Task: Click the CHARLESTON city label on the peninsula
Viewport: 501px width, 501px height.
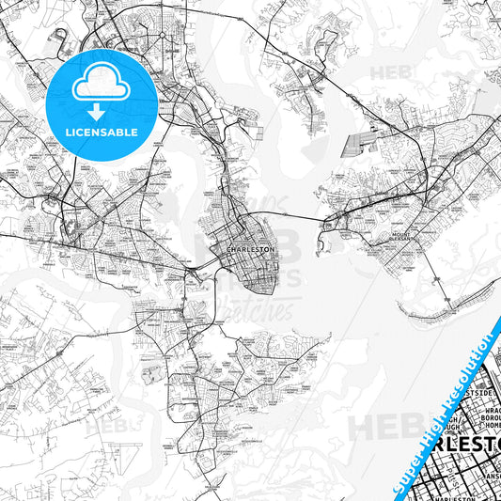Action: pos(251,249)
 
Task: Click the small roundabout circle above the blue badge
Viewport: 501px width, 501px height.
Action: pos(62,38)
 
